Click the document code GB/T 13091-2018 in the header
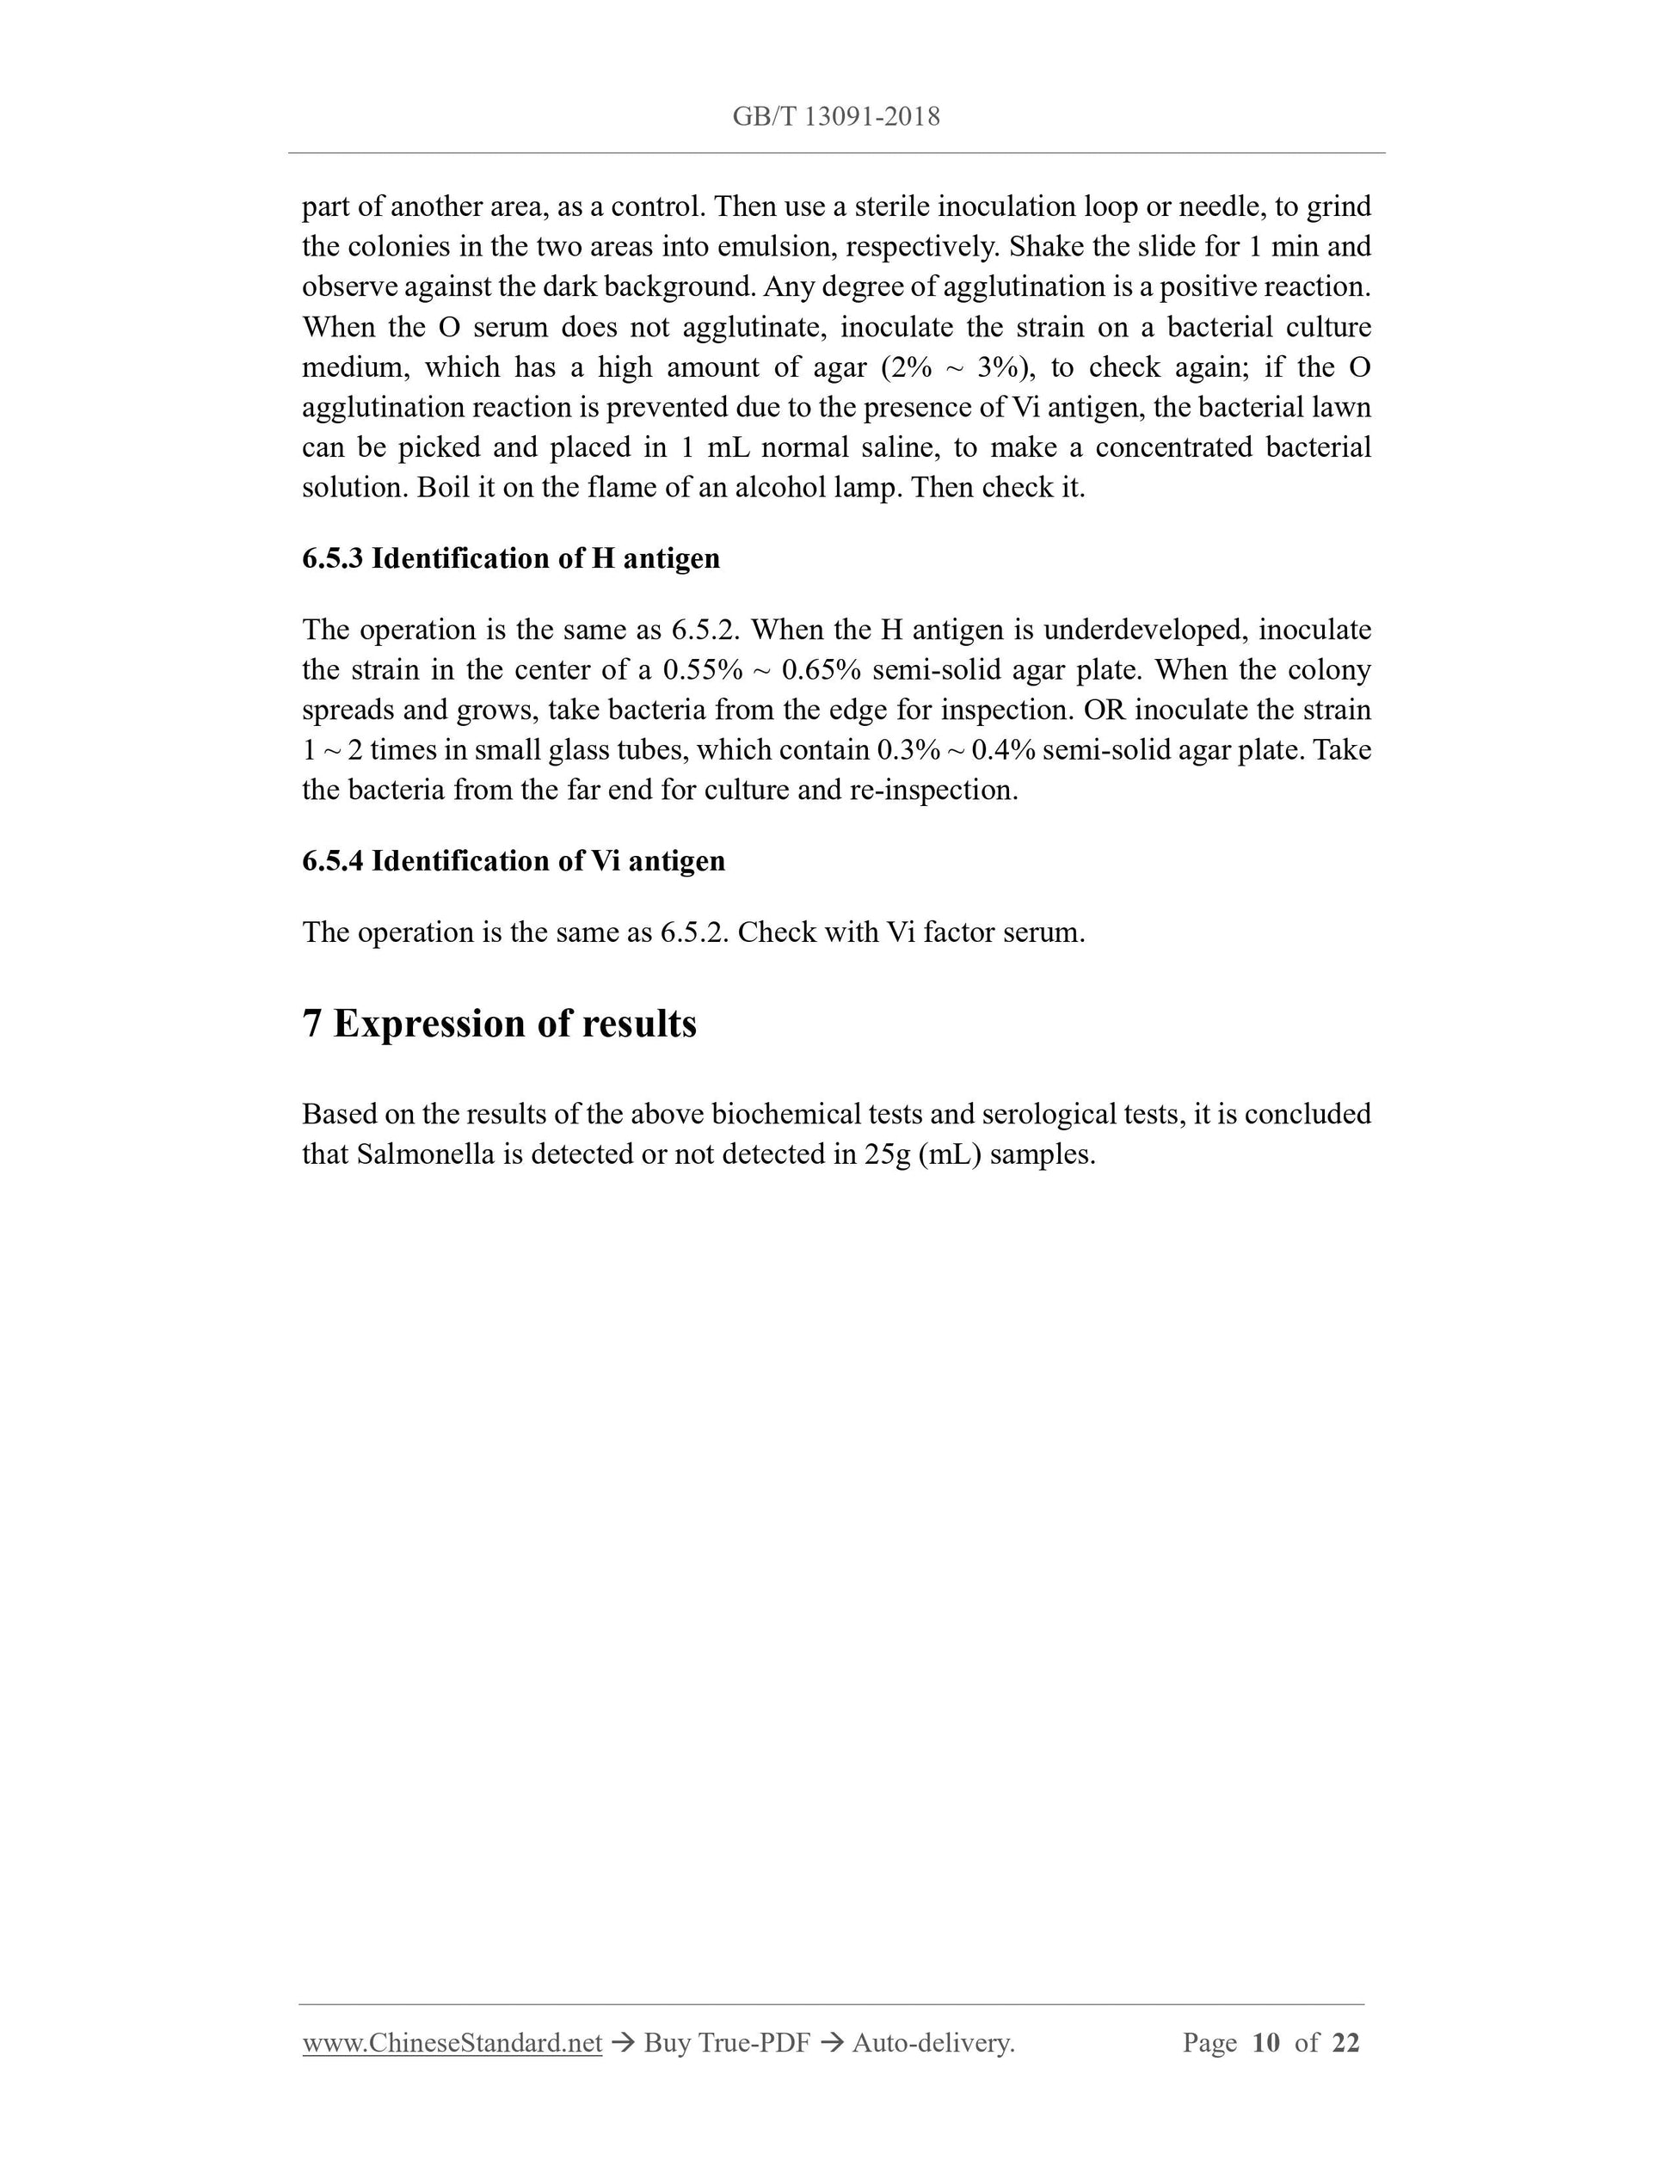(836, 117)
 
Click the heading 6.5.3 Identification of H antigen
(511, 558)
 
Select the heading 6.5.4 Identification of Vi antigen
(514, 860)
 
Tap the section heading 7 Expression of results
(499, 1023)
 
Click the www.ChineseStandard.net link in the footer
(452, 2042)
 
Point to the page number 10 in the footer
(1265, 2042)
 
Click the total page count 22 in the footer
(1345, 2042)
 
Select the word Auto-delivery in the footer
(932, 2042)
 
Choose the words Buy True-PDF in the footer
(726, 2042)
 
